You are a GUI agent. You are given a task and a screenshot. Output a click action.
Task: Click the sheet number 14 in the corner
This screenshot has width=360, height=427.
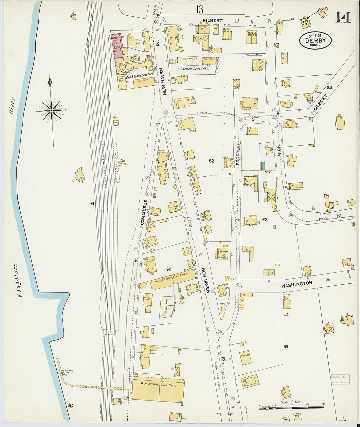(x=342, y=17)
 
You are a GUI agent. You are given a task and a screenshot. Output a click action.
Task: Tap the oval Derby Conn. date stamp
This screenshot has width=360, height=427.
(x=315, y=41)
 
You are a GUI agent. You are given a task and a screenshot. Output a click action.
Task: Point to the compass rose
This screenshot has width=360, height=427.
(x=51, y=111)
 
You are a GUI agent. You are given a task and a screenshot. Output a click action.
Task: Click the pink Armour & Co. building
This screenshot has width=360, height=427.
(x=117, y=46)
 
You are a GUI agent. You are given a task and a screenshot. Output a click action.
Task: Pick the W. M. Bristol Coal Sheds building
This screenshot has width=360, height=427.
(x=158, y=390)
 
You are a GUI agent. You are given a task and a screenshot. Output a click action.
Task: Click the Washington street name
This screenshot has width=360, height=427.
(x=297, y=284)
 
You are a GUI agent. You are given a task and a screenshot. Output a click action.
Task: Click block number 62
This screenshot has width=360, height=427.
(x=211, y=161)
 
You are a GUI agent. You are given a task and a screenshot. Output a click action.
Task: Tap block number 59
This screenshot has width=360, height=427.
(x=285, y=347)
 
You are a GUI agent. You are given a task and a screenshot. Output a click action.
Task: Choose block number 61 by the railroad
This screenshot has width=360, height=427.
(x=92, y=204)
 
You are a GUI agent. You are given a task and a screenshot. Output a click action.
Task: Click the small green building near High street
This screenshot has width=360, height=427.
(x=262, y=165)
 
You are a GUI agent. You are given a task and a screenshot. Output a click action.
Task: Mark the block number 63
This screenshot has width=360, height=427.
(x=264, y=220)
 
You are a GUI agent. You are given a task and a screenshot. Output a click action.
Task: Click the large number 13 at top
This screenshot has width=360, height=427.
(x=200, y=9)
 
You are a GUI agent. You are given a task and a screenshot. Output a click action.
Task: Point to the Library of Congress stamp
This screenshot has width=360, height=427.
(x=340, y=380)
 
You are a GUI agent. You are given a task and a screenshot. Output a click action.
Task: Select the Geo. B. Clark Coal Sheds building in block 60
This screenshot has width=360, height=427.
(x=173, y=280)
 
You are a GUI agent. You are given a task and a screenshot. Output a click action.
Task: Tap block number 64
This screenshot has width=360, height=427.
(x=329, y=88)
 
